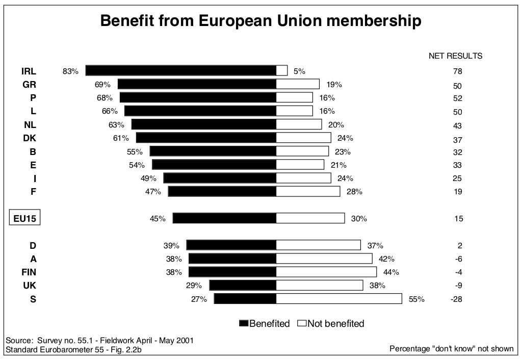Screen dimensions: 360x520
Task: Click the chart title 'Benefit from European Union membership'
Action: pos(261,21)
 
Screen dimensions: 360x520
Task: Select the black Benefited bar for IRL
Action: pos(181,71)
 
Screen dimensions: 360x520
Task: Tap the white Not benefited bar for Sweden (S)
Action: pos(339,299)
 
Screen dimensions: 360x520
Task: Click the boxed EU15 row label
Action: pos(25,219)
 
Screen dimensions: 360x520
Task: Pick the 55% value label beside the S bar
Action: pos(417,299)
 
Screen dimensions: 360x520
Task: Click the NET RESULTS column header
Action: pos(455,56)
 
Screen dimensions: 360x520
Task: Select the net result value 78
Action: pos(457,71)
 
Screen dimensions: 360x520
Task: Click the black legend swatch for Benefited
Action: pos(243,324)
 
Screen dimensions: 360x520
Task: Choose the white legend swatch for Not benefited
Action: pos(300,324)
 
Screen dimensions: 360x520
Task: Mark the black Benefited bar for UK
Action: pos(243,285)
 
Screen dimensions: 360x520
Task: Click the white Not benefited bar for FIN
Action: pos(326,272)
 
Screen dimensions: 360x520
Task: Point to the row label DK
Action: pos(30,138)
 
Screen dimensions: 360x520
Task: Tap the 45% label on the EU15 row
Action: pos(158,219)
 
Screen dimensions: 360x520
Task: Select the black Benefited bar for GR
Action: pos(197,84)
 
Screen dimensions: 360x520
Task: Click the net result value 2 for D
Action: pos(460,246)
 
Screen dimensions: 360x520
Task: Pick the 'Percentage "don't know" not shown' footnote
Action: pos(452,349)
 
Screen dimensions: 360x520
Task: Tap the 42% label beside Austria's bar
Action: pos(386,259)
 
